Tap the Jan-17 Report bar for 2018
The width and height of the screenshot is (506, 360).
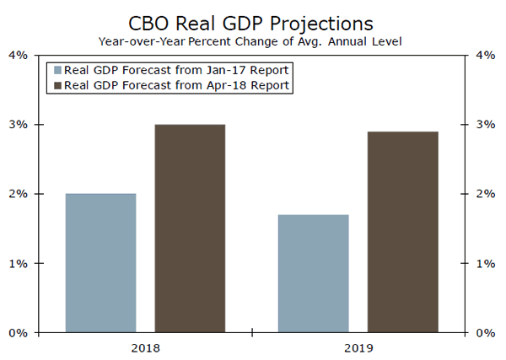[100, 263]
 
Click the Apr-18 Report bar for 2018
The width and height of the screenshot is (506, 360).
[190, 228]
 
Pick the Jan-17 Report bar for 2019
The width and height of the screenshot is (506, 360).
[313, 273]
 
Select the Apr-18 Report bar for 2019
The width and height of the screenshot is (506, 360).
[402, 232]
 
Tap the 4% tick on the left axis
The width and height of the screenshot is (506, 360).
[18, 56]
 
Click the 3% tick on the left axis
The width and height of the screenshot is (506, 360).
[18, 125]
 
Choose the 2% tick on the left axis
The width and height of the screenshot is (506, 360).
[18, 194]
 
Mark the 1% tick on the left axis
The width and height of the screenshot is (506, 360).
[18, 263]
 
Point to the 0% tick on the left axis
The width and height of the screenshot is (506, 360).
[18, 333]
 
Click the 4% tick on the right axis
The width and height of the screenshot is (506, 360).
[487, 56]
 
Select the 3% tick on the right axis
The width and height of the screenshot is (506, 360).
[487, 125]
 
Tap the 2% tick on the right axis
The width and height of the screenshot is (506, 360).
[487, 194]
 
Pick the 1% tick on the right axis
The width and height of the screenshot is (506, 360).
[487, 263]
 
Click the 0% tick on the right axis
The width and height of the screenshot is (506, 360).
[487, 333]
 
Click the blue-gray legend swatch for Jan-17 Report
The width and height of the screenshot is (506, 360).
[57, 71]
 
